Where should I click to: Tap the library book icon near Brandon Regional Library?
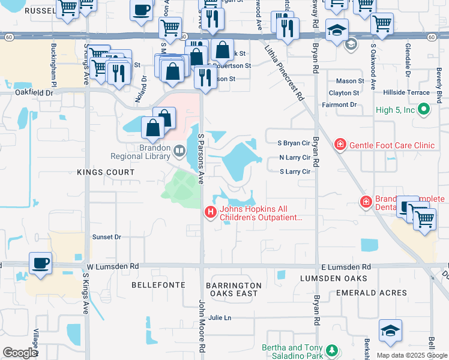pos(179,150)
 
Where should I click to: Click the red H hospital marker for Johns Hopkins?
pos(210,212)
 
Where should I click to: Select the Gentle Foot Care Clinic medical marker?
pos(340,145)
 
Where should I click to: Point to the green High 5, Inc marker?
pos(423,109)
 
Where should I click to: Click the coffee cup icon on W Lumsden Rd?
pos(40,263)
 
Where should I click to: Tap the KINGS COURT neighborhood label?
pos(106,172)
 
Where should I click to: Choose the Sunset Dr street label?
pos(106,237)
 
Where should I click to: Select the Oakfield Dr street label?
pos(34,93)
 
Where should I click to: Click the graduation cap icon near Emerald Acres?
pos(390,331)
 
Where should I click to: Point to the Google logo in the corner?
pos(20,353)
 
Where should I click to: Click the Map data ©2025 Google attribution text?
pos(411,355)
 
